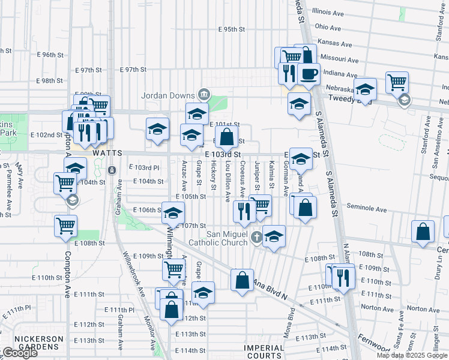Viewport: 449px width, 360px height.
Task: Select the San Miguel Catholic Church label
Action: click(x=218, y=238)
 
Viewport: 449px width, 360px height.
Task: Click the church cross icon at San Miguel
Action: click(x=257, y=237)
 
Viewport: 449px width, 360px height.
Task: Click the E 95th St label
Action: click(x=232, y=29)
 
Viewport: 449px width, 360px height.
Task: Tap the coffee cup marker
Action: click(x=309, y=74)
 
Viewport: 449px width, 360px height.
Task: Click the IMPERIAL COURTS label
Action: click(x=264, y=352)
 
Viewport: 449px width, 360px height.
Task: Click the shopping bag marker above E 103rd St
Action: click(x=227, y=137)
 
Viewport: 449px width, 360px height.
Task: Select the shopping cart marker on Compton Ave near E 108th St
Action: click(x=66, y=226)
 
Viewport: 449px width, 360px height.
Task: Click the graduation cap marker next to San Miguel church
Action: click(x=274, y=236)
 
